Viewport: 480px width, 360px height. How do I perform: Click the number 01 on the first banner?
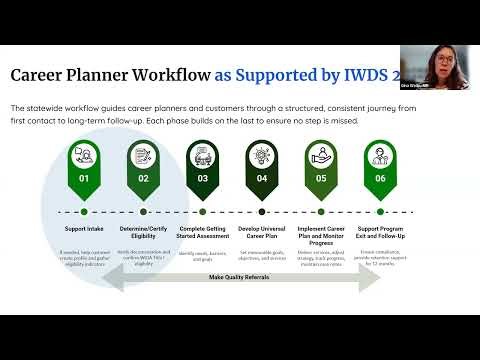pos(85,179)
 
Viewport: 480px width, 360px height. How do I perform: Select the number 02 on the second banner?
pos(144,179)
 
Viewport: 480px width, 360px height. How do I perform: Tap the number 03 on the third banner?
pos(203,179)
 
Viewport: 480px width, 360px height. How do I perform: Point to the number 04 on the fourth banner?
pos(262,179)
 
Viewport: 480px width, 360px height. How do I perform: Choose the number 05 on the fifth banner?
pos(321,179)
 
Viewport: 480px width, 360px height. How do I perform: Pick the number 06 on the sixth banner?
pos(380,179)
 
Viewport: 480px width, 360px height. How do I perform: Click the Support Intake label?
pos(85,229)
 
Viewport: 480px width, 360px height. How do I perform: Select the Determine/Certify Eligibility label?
pos(144,233)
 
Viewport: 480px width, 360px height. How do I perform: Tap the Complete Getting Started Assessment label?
pos(203,233)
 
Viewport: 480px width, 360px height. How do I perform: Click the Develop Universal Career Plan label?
pos(262,233)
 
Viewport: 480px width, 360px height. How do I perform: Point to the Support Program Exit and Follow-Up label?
pos(380,233)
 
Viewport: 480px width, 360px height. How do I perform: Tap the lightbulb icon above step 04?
pos(262,156)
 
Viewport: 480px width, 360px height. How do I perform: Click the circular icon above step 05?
pos(321,156)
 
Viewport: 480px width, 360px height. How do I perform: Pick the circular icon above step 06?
pos(380,156)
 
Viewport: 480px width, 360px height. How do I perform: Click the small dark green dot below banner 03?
pos(203,211)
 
